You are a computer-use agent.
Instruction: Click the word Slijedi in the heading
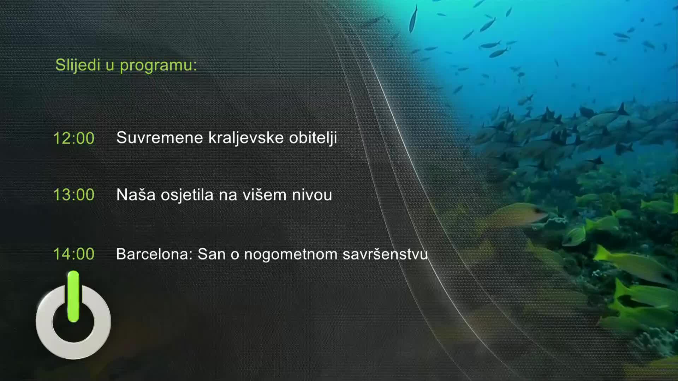click(x=78, y=65)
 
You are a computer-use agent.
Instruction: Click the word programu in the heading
click(x=158, y=66)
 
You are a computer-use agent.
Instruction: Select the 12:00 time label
click(x=74, y=138)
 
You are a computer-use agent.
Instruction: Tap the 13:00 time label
click(x=74, y=195)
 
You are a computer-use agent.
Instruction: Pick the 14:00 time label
click(x=74, y=254)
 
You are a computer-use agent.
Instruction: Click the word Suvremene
click(x=160, y=138)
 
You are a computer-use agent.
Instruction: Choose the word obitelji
click(x=313, y=138)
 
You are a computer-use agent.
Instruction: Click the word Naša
click(x=136, y=195)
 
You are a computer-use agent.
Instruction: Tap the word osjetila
click(x=187, y=195)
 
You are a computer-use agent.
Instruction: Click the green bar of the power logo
click(x=73, y=296)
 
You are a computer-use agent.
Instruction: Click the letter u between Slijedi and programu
click(x=110, y=66)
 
